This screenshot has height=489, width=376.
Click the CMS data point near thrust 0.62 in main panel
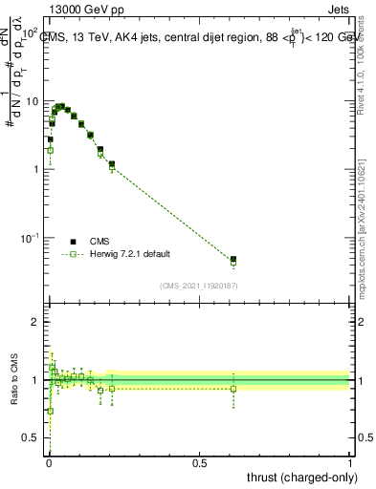coord(232,259)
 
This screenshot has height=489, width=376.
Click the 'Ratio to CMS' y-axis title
coord(14,378)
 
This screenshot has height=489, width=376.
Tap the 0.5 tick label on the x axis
coord(199,463)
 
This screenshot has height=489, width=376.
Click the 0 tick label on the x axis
coord(49,463)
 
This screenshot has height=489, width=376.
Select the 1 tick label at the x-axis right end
coord(350,463)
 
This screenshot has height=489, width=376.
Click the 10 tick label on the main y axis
coord(33,101)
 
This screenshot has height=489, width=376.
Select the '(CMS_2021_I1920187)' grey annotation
coord(199,286)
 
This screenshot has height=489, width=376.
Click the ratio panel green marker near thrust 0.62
coord(232,388)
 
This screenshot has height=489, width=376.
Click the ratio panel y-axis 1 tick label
coord(38,380)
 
